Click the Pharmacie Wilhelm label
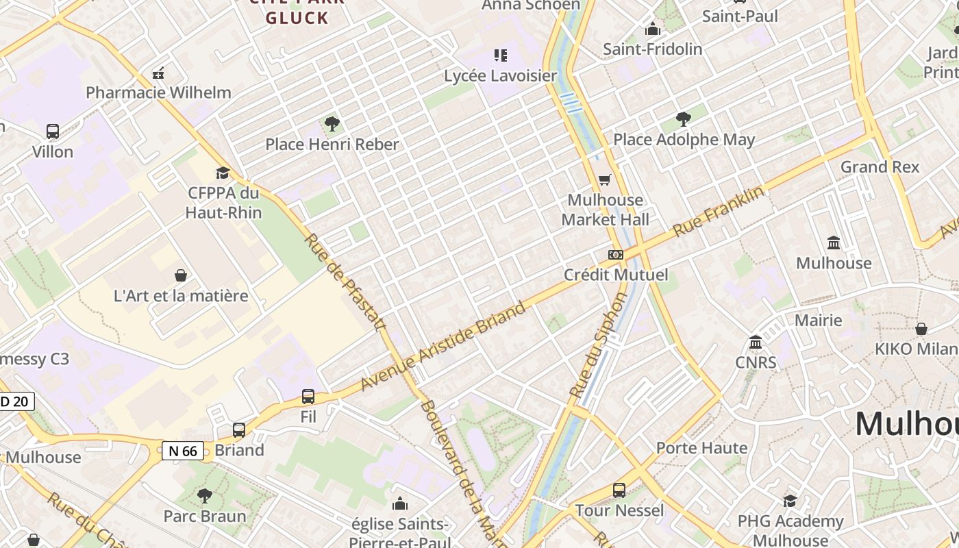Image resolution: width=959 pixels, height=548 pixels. pos(158,92)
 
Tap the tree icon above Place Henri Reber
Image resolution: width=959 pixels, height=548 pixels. pos(332,124)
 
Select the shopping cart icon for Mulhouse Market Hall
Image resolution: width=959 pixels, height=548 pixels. pos(604,180)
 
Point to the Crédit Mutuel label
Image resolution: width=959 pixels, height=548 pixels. pos(616,275)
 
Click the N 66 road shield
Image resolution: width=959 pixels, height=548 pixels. pos(183,451)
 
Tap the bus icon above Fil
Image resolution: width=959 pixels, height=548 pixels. pos(308,397)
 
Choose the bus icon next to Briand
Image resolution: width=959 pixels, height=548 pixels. pos(238,430)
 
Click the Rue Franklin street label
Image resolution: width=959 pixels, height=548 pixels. pos(719,211)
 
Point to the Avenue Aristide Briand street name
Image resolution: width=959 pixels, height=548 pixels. pos(443,346)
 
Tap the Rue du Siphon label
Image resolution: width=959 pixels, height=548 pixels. pos(598,346)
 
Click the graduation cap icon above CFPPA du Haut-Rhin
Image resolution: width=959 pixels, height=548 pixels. pos(223,173)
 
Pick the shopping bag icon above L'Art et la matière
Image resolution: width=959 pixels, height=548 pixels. pos(181,275)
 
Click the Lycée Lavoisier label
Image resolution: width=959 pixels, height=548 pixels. pos(501,75)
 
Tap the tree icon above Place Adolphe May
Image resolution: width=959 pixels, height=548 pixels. pos(683,119)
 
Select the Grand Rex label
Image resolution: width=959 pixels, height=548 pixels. pos(880,166)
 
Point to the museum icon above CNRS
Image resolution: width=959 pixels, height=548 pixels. pos(756,342)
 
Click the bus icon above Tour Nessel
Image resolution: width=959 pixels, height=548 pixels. pos(619,490)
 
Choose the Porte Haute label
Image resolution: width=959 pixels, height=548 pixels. pos(701,448)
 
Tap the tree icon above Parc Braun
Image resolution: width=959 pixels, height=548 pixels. pos(204,495)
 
